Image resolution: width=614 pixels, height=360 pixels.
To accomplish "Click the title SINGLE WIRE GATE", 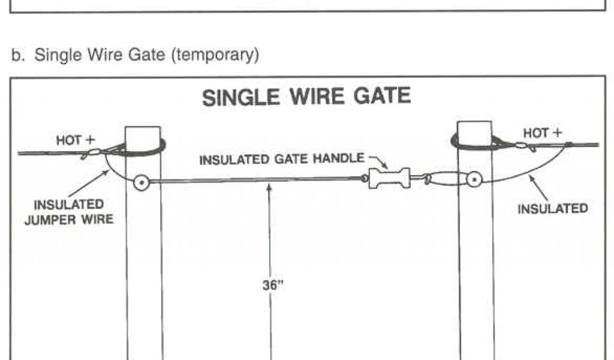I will pyautogui.click(x=306, y=97).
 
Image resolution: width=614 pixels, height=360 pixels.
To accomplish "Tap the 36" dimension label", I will pyautogui.click(x=273, y=285).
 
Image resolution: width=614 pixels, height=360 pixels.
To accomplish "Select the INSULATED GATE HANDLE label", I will pyautogui.click(x=281, y=160).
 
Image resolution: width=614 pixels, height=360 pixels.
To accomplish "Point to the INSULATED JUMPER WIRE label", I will pyautogui.click(x=69, y=213).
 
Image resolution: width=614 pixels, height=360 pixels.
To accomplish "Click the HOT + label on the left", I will pyautogui.click(x=76, y=140).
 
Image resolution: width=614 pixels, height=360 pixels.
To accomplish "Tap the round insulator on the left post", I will pyautogui.click(x=142, y=181).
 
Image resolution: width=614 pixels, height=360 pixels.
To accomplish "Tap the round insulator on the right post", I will pyautogui.click(x=474, y=179).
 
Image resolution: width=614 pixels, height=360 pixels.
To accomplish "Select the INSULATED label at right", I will pyautogui.click(x=552, y=209).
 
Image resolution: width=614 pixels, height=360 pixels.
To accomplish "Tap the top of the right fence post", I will pyautogui.click(x=475, y=125).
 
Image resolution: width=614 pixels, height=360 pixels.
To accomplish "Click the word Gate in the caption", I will pyautogui.click(x=148, y=55).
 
